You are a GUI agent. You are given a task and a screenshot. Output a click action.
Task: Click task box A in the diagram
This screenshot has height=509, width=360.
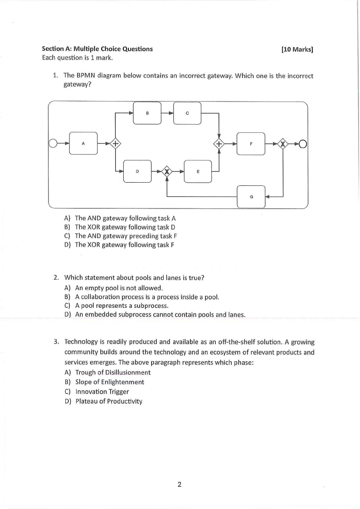(x=83, y=143)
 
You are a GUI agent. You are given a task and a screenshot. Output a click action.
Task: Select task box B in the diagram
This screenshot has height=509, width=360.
(x=147, y=112)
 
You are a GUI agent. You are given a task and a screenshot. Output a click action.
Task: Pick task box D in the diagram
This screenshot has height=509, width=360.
(x=137, y=171)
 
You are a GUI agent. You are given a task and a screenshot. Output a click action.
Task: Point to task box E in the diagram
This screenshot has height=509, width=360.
(x=198, y=171)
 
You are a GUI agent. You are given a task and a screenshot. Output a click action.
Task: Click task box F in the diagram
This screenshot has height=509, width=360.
(x=251, y=144)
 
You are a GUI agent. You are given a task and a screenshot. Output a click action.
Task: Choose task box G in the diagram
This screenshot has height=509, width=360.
(x=251, y=197)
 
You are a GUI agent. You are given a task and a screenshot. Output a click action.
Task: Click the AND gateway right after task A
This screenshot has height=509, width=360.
(x=116, y=144)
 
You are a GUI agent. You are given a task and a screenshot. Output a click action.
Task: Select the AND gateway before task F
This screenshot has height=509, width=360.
(x=219, y=144)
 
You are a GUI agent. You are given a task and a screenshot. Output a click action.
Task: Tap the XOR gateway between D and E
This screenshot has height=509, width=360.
(x=167, y=171)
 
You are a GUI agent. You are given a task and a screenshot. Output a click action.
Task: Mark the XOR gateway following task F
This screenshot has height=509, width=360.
(x=283, y=144)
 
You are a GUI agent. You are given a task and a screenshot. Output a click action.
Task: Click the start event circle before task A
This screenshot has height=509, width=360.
(x=54, y=144)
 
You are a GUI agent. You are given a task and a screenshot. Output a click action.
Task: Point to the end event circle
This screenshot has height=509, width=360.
(x=303, y=144)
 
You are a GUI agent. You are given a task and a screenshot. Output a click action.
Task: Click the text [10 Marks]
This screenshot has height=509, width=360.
(x=297, y=49)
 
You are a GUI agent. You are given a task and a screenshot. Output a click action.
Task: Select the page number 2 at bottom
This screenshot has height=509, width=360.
(x=180, y=485)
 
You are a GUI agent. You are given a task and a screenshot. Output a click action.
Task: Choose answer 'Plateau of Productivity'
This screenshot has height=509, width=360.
(x=109, y=401)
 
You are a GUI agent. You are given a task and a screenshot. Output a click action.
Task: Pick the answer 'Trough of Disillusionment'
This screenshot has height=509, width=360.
(x=113, y=373)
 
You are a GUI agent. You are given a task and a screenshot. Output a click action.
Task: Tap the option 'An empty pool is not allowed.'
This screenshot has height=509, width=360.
(x=119, y=288)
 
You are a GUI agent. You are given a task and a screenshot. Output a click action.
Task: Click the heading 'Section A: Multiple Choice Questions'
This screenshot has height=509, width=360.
(x=97, y=49)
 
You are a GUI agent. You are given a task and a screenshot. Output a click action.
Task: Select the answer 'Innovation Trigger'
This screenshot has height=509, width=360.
(x=102, y=392)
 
